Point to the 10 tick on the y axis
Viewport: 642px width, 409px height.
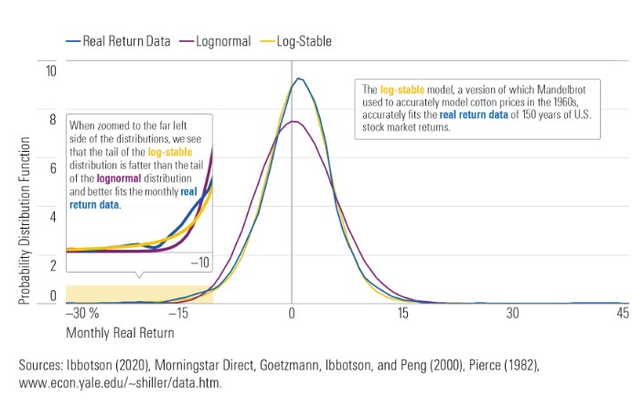(x=52, y=70)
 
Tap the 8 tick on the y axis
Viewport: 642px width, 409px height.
(x=52, y=119)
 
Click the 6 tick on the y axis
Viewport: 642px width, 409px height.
(x=52, y=168)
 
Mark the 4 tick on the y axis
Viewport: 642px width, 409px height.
(x=52, y=217)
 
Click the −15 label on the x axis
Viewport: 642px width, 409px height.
(x=179, y=313)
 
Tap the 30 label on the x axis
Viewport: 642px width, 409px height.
(x=512, y=313)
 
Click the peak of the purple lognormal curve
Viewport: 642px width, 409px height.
(x=291, y=122)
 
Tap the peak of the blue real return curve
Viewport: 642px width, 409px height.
(x=297, y=79)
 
